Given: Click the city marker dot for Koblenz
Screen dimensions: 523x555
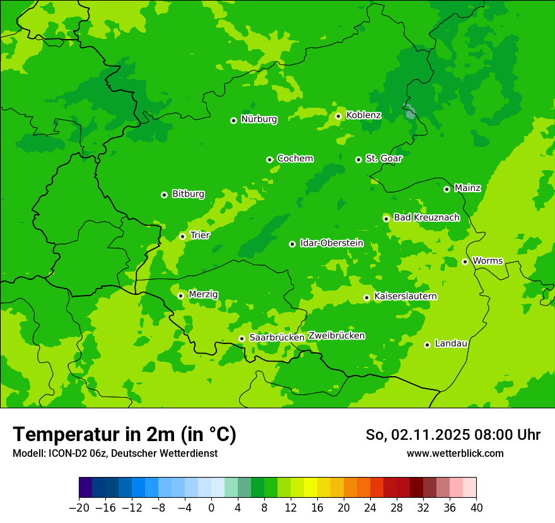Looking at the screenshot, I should (x=339, y=116).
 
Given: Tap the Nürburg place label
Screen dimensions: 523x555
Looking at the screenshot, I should (x=259, y=119).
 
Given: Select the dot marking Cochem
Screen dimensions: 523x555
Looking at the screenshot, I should (x=269, y=159).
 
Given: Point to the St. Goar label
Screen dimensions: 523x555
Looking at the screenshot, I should (x=383, y=158).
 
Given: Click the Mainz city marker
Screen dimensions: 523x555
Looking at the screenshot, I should (x=447, y=189).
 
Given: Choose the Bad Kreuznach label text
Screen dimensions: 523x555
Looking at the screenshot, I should (x=426, y=217).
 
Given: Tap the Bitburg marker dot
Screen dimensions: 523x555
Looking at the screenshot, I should (x=164, y=195).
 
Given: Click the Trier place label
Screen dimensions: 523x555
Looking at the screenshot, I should (x=200, y=235).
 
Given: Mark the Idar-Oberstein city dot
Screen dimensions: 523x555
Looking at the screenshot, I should (x=292, y=244).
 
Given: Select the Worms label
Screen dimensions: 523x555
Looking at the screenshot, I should (x=488, y=260).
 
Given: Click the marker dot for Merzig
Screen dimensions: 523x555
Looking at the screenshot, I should (x=180, y=296).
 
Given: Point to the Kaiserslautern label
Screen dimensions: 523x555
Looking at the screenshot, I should (x=406, y=296).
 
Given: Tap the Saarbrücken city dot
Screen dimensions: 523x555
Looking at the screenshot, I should (x=242, y=338).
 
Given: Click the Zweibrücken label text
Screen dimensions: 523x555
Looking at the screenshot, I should (x=336, y=336).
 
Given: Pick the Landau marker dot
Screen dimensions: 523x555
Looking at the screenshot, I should (x=427, y=345).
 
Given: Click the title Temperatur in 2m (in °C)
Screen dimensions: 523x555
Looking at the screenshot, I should (x=124, y=435).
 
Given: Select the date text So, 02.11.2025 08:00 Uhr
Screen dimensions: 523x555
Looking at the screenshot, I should (x=453, y=435).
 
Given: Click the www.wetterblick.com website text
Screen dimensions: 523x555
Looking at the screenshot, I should (x=455, y=454).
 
